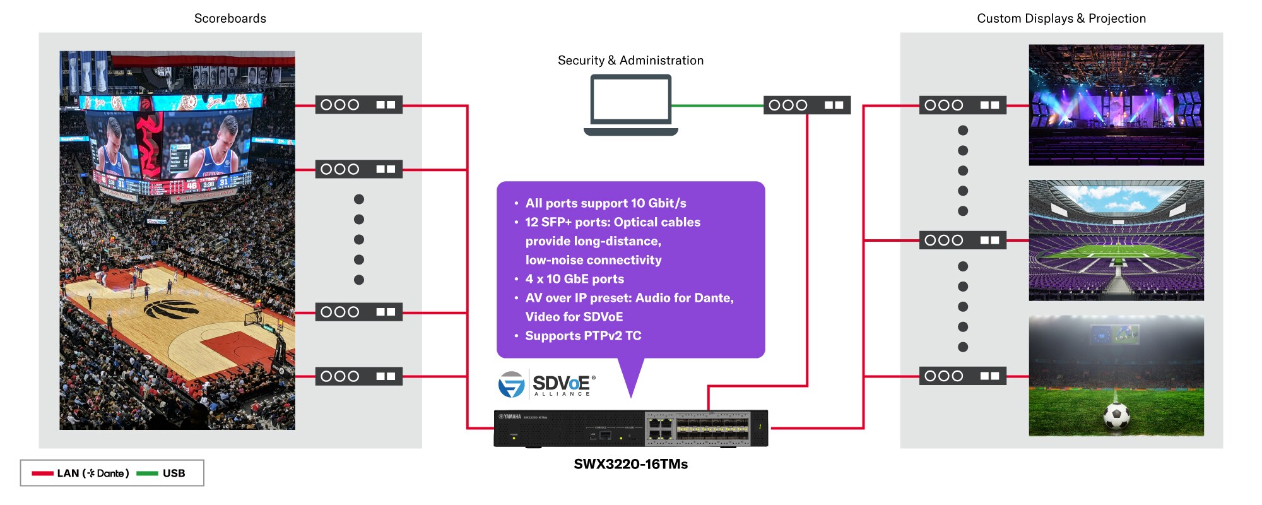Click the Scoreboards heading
point(230,18)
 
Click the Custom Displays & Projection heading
point(1061,18)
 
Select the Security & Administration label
point(630,61)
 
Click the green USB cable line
point(717,105)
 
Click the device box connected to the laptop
point(806,105)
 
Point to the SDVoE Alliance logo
point(546,384)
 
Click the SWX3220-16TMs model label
point(630,464)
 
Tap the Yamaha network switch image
point(630,428)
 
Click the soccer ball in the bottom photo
point(1116,416)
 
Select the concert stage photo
point(1116,105)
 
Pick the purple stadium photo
point(1116,240)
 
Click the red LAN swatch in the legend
point(43,473)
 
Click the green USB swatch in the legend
point(147,473)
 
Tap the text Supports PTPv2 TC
point(582,336)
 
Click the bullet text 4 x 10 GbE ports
point(574,279)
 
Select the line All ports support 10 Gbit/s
point(605,203)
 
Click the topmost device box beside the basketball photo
point(358,105)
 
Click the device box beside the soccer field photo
point(962,376)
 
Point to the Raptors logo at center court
point(172,309)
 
